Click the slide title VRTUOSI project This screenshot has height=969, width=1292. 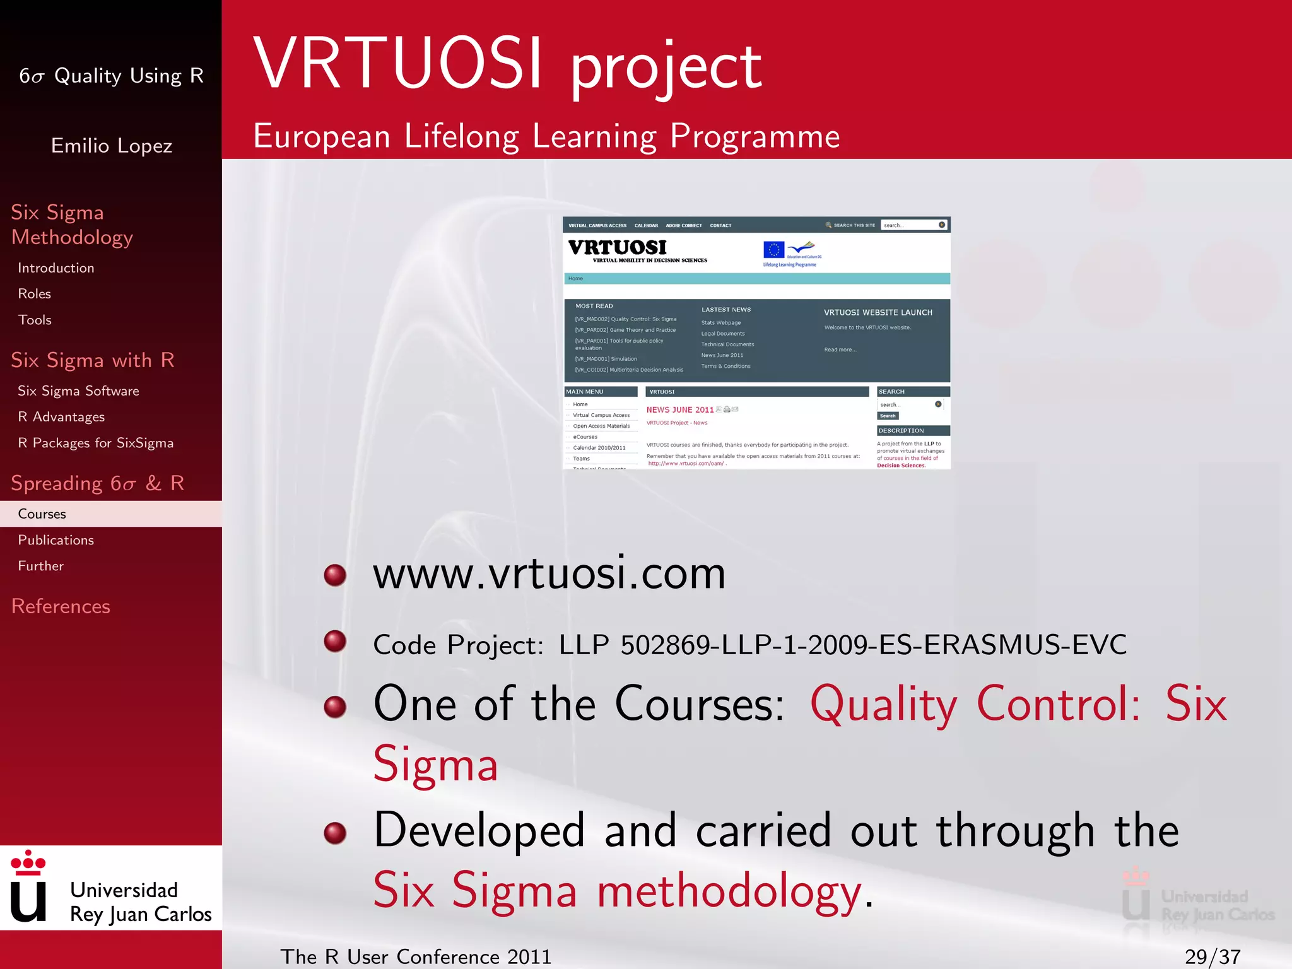pyautogui.click(x=508, y=64)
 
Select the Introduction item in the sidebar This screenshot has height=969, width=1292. pyautogui.click(x=56, y=268)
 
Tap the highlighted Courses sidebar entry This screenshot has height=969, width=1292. pyautogui.click(x=42, y=514)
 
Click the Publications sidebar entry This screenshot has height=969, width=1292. pyautogui.click(x=56, y=540)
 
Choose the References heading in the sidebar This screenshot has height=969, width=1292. pyautogui.click(x=61, y=606)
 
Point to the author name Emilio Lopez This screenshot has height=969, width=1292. pyautogui.click(x=112, y=146)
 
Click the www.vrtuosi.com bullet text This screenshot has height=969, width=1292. pyautogui.click(x=549, y=574)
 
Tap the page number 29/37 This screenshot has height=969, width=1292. pyautogui.click(x=1212, y=956)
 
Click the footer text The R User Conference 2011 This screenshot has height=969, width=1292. pyautogui.click(x=416, y=956)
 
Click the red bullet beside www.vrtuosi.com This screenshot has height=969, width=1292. pyautogui.click(x=335, y=575)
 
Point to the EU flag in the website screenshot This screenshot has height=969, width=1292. pyautogui.click(x=773, y=250)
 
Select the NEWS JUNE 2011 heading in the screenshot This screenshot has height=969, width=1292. pyautogui.click(x=679, y=410)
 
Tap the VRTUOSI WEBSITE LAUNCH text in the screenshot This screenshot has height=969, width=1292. pyautogui.click(x=878, y=312)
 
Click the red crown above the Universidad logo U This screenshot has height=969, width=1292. pyautogui.click(x=28, y=862)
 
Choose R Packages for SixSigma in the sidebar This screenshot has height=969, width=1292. pyautogui.click(x=95, y=443)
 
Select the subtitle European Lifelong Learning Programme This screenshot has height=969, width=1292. pyautogui.click(x=546, y=136)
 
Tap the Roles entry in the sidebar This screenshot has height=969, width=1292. pyautogui.click(x=35, y=294)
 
